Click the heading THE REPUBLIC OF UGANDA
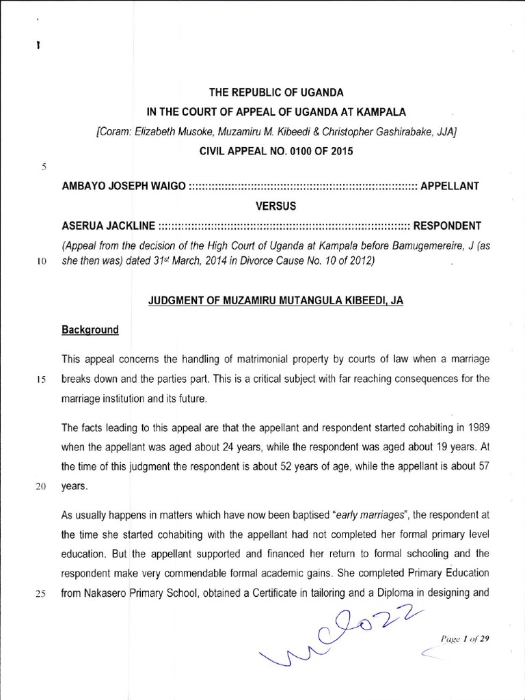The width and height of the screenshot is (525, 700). click(276, 92)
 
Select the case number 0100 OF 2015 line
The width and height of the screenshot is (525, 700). click(276, 150)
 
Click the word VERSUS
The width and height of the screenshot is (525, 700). click(276, 205)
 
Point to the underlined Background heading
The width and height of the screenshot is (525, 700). click(90, 329)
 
